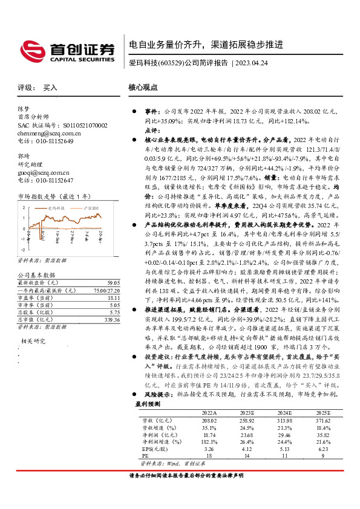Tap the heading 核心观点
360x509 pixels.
143,87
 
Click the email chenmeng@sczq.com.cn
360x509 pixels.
46,133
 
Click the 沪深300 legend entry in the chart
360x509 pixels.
91,207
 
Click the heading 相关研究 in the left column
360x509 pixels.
31,325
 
